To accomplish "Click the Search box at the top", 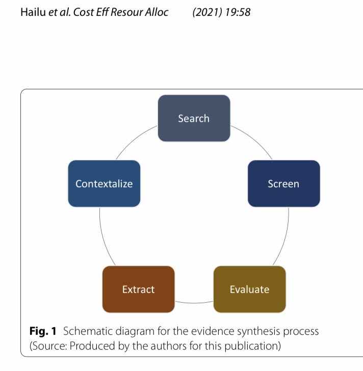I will [x=194, y=118].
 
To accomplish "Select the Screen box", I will [x=283, y=184].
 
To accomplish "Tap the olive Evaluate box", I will [x=249, y=289].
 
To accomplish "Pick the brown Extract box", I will [x=138, y=289].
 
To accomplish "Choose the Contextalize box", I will [x=104, y=184].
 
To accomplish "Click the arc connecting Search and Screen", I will [x=255, y=140].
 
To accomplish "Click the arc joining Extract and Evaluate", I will [x=194, y=303].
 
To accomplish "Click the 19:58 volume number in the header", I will [x=238, y=12].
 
